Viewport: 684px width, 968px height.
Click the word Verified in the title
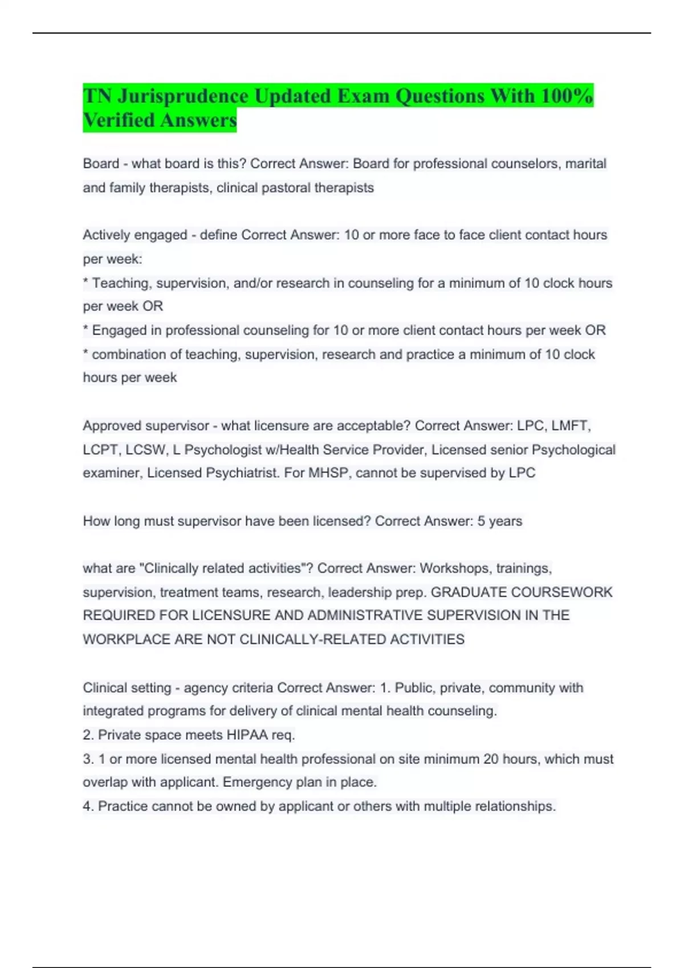(x=119, y=120)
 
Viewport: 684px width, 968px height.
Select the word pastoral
(x=286, y=188)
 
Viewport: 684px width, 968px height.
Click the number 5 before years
(x=481, y=521)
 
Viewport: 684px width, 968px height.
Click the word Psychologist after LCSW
(x=219, y=450)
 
